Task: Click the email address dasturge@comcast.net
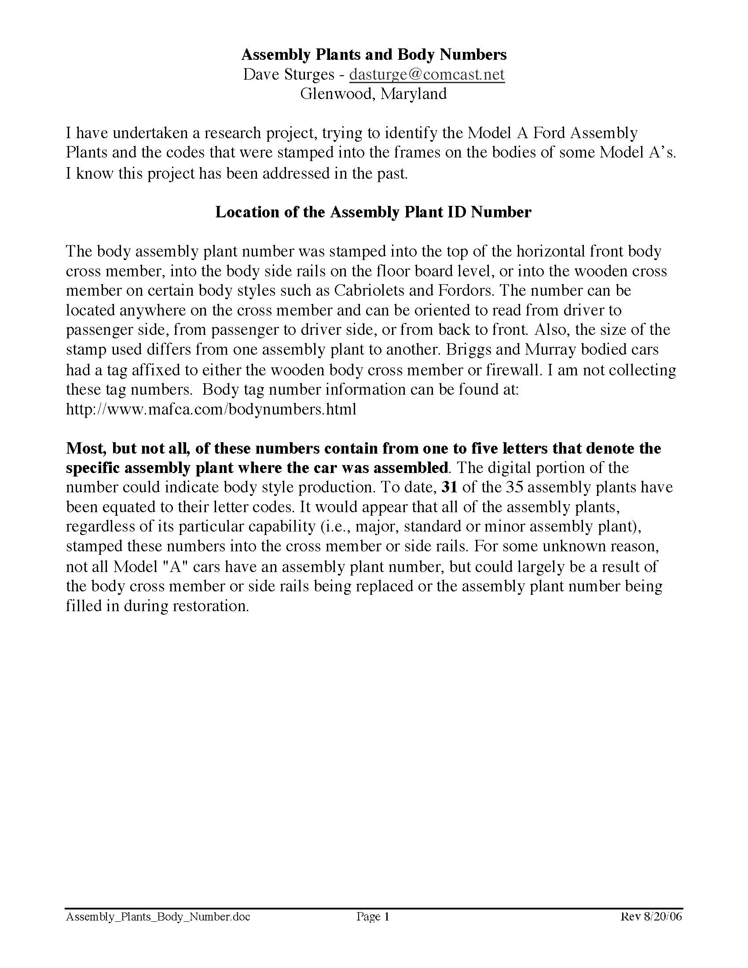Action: click(x=427, y=74)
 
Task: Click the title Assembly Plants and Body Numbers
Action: click(x=374, y=55)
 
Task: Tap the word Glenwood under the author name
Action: click(x=336, y=94)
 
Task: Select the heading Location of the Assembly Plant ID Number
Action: click(x=373, y=213)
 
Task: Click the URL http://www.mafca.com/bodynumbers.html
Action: click(x=211, y=409)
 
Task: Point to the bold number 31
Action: click(x=449, y=488)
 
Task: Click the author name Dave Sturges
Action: click(x=289, y=74)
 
